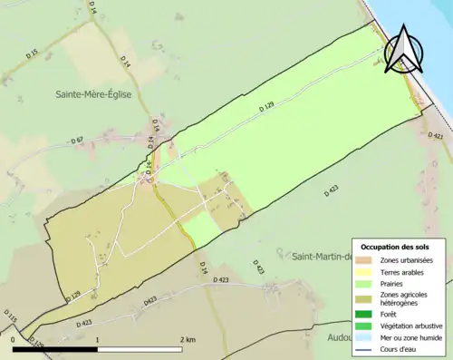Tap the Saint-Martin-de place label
[321, 257]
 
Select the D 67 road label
[77, 140]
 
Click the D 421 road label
[436, 137]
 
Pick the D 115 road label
[10, 317]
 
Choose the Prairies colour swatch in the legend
[366, 282]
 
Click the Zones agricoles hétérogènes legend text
[405, 298]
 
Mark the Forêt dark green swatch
[366, 315]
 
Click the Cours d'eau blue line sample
[366, 347]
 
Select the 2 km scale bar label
[188, 339]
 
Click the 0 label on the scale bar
[13, 339]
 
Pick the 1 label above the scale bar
[97, 339]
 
